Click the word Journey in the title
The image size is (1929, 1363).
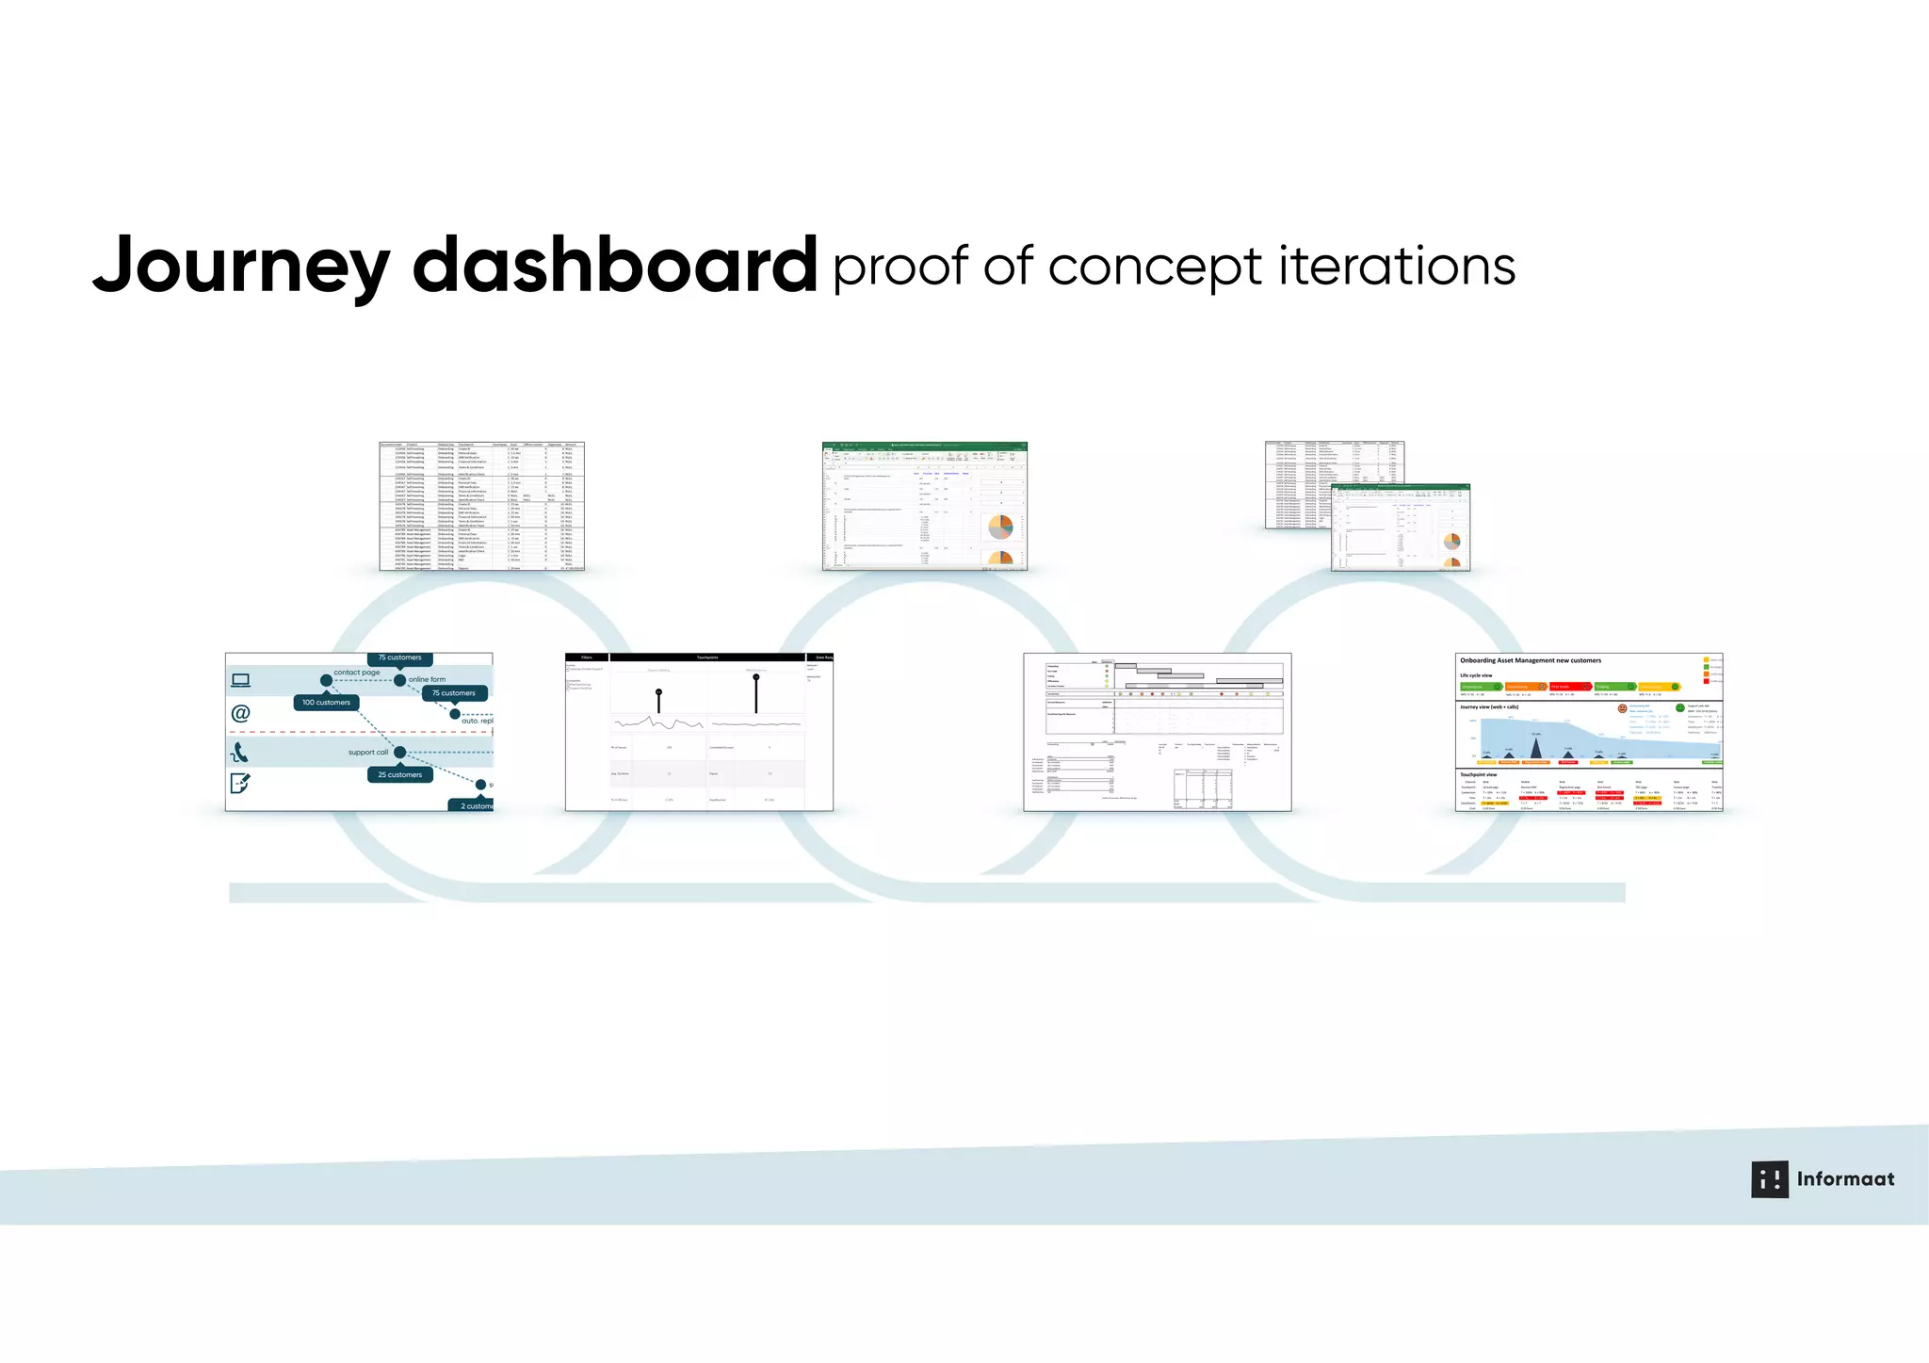[x=241, y=267]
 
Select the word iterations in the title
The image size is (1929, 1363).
[x=1397, y=266]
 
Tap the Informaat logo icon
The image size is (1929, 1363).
[x=1769, y=1179]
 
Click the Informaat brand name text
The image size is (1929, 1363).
[x=1845, y=1179]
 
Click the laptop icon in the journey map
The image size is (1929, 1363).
[x=241, y=680]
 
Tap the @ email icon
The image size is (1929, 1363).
[x=241, y=714]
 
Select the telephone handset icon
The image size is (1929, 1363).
[x=240, y=753]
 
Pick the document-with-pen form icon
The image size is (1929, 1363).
[x=240, y=783]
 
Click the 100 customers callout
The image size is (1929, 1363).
[x=326, y=703]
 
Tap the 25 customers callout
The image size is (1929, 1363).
[x=400, y=775]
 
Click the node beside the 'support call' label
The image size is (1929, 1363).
[x=400, y=753]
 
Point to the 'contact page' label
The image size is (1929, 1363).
[x=356, y=673]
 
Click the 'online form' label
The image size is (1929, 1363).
[x=427, y=679]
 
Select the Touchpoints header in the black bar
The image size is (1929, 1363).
[x=706, y=657]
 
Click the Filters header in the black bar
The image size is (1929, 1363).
[x=587, y=657]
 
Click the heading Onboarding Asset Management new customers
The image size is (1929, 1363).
[x=1531, y=660]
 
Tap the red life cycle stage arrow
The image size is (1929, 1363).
[x=1569, y=687]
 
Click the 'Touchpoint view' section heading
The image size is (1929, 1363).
[x=1478, y=774]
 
